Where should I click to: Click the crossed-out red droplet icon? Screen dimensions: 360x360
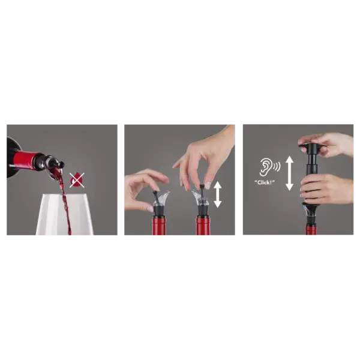[77, 180]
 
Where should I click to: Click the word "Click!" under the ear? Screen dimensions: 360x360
[265, 182]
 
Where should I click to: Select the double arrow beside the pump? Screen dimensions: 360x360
[290, 173]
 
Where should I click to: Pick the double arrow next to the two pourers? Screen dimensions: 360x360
[217, 194]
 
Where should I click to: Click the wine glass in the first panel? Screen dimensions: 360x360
[64, 214]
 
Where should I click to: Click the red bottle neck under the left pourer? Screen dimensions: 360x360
[160, 226]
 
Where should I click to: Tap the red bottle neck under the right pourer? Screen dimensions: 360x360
[203, 226]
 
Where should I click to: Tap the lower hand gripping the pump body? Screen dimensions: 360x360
[327, 189]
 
